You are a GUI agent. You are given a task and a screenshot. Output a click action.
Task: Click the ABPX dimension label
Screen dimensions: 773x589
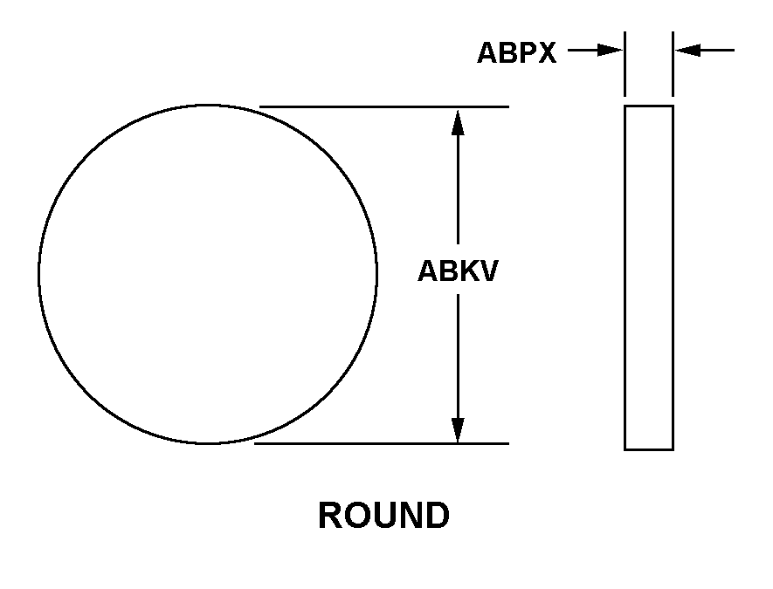coord(517,52)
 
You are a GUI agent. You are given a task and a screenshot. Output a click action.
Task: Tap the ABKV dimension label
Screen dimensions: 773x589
coord(458,271)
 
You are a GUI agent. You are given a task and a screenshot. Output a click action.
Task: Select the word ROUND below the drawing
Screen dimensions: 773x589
coord(383,515)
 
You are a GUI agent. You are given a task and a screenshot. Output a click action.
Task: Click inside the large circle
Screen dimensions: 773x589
coord(208,274)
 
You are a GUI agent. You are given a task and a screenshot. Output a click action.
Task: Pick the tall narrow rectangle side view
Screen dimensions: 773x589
coord(649,277)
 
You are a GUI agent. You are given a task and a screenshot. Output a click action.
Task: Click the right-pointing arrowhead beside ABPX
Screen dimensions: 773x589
coord(610,50)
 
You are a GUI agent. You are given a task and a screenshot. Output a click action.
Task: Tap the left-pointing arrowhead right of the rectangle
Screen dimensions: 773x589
coord(687,50)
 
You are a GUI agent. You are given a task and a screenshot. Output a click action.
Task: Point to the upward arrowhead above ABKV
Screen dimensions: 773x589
coord(458,122)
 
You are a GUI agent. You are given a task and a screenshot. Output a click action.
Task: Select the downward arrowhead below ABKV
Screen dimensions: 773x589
coord(458,430)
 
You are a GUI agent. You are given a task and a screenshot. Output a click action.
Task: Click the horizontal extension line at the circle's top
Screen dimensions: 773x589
coord(384,106)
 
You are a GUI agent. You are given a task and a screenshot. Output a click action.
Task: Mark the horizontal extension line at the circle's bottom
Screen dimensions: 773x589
coord(382,444)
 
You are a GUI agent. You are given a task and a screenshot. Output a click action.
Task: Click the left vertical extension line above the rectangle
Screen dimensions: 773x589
coord(625,64)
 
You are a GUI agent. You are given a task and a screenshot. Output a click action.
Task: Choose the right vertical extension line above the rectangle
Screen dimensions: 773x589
coord(673,64)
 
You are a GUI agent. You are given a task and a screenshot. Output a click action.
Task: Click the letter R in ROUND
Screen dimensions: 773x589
coord(330,515)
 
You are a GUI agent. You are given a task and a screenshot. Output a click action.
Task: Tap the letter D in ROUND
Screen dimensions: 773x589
coord(437,515)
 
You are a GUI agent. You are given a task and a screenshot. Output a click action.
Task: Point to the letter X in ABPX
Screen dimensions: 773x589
coord(546,52)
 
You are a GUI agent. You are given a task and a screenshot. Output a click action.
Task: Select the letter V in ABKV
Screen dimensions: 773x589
coord(487,271)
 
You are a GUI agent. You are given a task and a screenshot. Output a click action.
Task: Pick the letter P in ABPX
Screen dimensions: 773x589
coord(526,52)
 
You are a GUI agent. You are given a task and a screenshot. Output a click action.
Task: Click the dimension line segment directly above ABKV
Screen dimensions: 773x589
coord(458,189)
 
